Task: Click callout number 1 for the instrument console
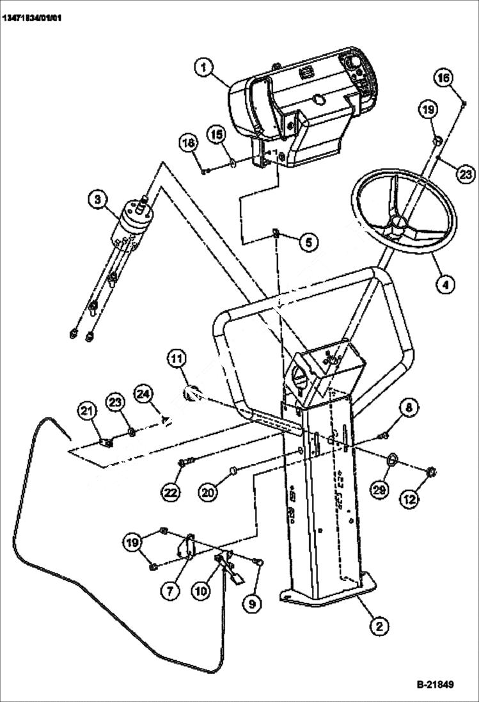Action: click(205, 67)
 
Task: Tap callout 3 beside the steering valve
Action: click(98, 200)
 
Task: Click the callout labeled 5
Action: click(308, 243)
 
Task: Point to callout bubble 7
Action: click(169, 591)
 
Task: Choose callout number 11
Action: click(178, 360)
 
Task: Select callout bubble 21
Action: click(88, 410)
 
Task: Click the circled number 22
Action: click(171, 492)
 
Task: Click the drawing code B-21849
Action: click(435, 684)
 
